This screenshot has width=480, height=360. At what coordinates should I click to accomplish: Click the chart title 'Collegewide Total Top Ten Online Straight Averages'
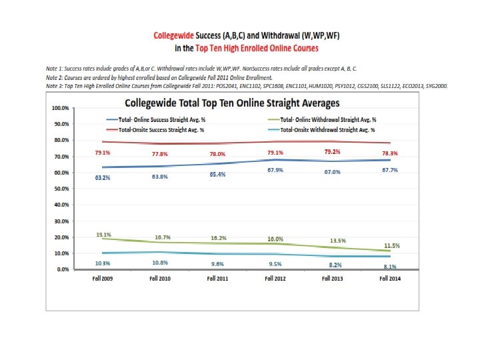point(233,103)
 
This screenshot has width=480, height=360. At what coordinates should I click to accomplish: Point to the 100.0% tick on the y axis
point(61,108)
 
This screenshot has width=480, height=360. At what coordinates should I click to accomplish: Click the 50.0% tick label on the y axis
point(62,189)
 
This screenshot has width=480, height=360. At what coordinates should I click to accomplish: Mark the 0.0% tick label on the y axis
point(63,269)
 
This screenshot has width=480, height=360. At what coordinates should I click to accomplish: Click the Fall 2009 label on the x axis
point(102,279)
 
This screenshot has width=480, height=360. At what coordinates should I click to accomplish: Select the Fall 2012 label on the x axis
point(275,279)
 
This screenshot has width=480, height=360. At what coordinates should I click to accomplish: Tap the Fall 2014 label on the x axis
point(389,279)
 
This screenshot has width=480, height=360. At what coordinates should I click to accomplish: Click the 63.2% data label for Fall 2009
point(102,178)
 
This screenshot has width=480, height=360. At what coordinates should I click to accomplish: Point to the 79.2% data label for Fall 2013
point(332,152)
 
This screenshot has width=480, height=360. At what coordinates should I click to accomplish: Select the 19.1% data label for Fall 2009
point(103,235)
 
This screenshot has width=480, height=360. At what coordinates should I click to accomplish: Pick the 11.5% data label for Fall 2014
point(391,246)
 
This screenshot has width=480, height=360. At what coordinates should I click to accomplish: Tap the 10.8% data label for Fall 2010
point(160,263)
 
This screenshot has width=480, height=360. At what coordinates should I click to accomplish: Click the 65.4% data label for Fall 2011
point(217,174)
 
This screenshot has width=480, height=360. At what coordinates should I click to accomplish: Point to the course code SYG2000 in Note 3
point(435,86)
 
